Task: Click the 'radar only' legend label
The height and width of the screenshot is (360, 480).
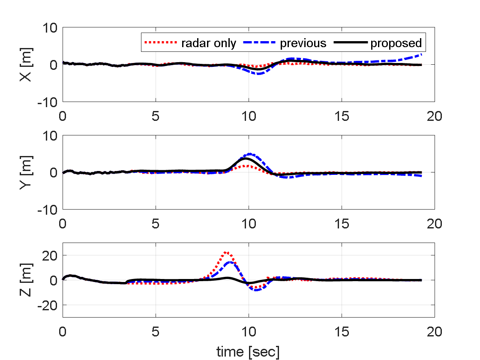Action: pyautogui.click(x=208, y=43)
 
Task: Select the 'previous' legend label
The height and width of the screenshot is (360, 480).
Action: pyautogui.click(x=303, y=43)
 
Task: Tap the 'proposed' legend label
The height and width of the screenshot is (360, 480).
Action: pyautogui.click(x=396, y=43)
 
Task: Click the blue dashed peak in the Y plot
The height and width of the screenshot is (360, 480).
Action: pyautogui.click(x=249, y=154)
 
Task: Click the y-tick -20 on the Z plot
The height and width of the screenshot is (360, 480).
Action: pyautogui.click(x=48, y=305)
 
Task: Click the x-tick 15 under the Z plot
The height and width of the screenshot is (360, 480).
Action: pyautogui.click(x=341, y=332)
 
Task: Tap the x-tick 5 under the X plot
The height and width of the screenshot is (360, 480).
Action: pyautogui.click(x=156, y=116)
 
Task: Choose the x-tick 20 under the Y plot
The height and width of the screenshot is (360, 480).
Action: pyautogui.click(x=434, y=224)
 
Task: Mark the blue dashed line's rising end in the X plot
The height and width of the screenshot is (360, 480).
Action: pyautogui.click(x=421, y=55)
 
